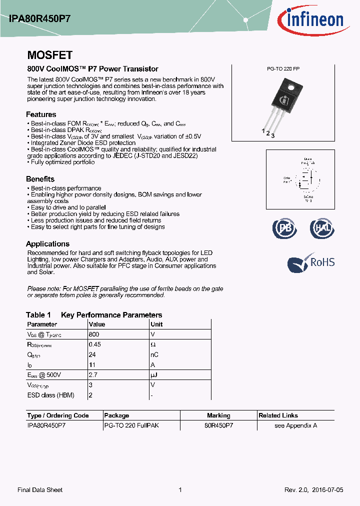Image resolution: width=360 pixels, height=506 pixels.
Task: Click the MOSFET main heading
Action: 49,55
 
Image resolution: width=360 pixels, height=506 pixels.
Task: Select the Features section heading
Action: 41,114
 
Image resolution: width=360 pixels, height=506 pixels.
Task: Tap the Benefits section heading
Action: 40,179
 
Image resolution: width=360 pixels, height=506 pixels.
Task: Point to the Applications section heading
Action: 47,244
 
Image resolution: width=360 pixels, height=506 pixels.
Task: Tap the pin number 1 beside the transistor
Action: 263,130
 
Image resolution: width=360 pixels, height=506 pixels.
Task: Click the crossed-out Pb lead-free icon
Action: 284,228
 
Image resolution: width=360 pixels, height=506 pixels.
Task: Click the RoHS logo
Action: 310,263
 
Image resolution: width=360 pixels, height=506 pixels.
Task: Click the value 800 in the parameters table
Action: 94,334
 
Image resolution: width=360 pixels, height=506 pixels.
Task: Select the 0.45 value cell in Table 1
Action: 94,344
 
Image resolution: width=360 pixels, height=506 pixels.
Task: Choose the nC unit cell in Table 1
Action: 154,354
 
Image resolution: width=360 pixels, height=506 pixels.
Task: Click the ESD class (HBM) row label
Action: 50,395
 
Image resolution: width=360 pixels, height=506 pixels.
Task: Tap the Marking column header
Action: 218,415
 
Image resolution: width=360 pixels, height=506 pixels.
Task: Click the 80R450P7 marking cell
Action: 218,425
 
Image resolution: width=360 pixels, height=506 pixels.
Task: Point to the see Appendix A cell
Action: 295,425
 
